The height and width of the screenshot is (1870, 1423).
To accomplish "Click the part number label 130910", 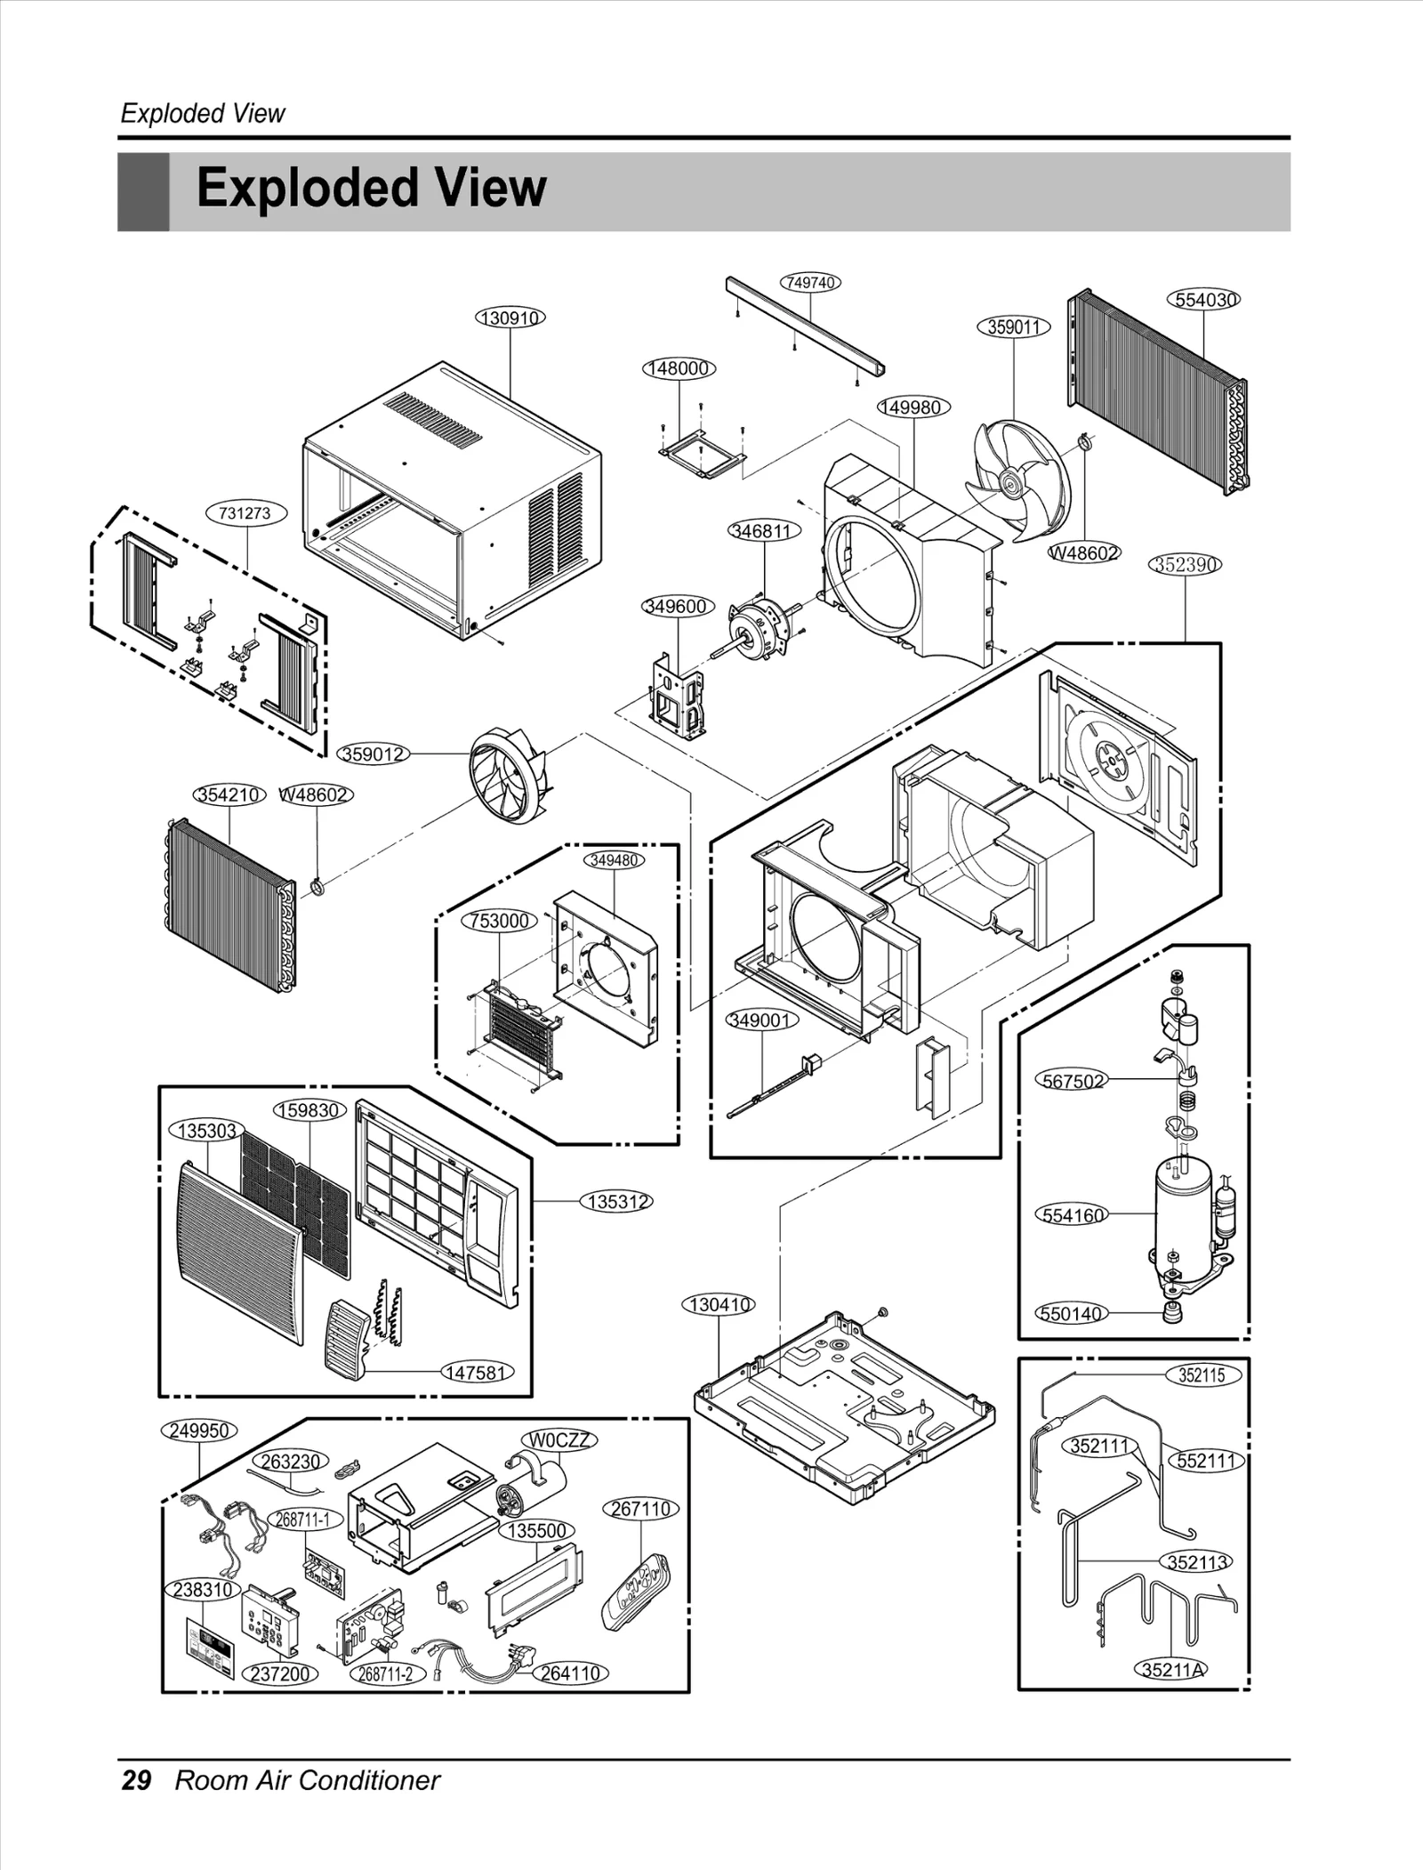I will pyautogui.click(x=510, y=318).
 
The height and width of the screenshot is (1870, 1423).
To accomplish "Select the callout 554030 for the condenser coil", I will pyautogui.click(x=1202, y=300).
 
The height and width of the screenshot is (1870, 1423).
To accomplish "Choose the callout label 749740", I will pyautogui.click(x=810, y=282).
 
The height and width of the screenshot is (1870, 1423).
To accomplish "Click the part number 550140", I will pyautogui.click(x=1071, y=1313).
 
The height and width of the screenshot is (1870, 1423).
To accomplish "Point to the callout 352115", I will pyautogui.click(x=1201, y=1374).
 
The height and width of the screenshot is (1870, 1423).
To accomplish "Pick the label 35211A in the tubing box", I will pyautogui.click(x=1173, y=1669).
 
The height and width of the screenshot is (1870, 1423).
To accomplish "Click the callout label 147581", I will pyautogui.click(x=477, y=1372).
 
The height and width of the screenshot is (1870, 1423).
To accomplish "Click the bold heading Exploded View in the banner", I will pyautogui.click(x=371, y=189).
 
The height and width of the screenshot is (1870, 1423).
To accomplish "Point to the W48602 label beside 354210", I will pyautogui.click(x=315, y=794).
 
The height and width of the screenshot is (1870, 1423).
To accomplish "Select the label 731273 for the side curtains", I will pyautogui.click(x=245, y=513).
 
